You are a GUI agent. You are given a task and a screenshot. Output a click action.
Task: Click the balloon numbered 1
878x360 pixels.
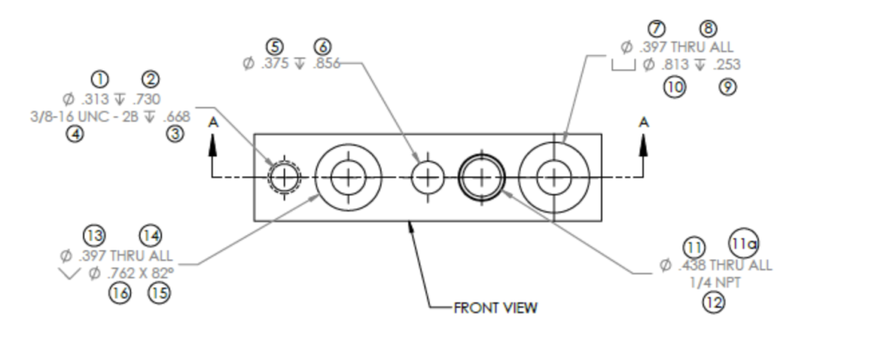click(x=100, y=80)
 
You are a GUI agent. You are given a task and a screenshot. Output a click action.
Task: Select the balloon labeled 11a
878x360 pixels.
click(x=743, y=244)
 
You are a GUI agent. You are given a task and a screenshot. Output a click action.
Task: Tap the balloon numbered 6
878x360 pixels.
click(x=322, y=46)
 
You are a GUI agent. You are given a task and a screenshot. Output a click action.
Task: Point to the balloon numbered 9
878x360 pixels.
click(x=728, y=86)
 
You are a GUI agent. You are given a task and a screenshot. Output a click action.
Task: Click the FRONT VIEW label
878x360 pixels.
click(x=496, y=308)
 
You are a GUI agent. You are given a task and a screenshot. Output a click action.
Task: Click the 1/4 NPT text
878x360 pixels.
click(x=715, y=284)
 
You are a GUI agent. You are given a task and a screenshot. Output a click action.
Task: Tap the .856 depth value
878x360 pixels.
click(x=327, y=64)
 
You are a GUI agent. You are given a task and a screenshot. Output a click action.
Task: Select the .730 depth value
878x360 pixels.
click(x=146, y=99)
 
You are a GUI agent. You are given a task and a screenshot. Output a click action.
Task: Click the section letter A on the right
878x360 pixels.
click(x=644, y=122)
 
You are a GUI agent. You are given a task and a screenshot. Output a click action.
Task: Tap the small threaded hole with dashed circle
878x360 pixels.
click(x=283, y=178)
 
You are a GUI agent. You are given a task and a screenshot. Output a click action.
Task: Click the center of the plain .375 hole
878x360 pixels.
click(x=426, y=178)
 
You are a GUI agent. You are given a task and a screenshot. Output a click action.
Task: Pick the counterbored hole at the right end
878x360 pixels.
click(x=554, y=177)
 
